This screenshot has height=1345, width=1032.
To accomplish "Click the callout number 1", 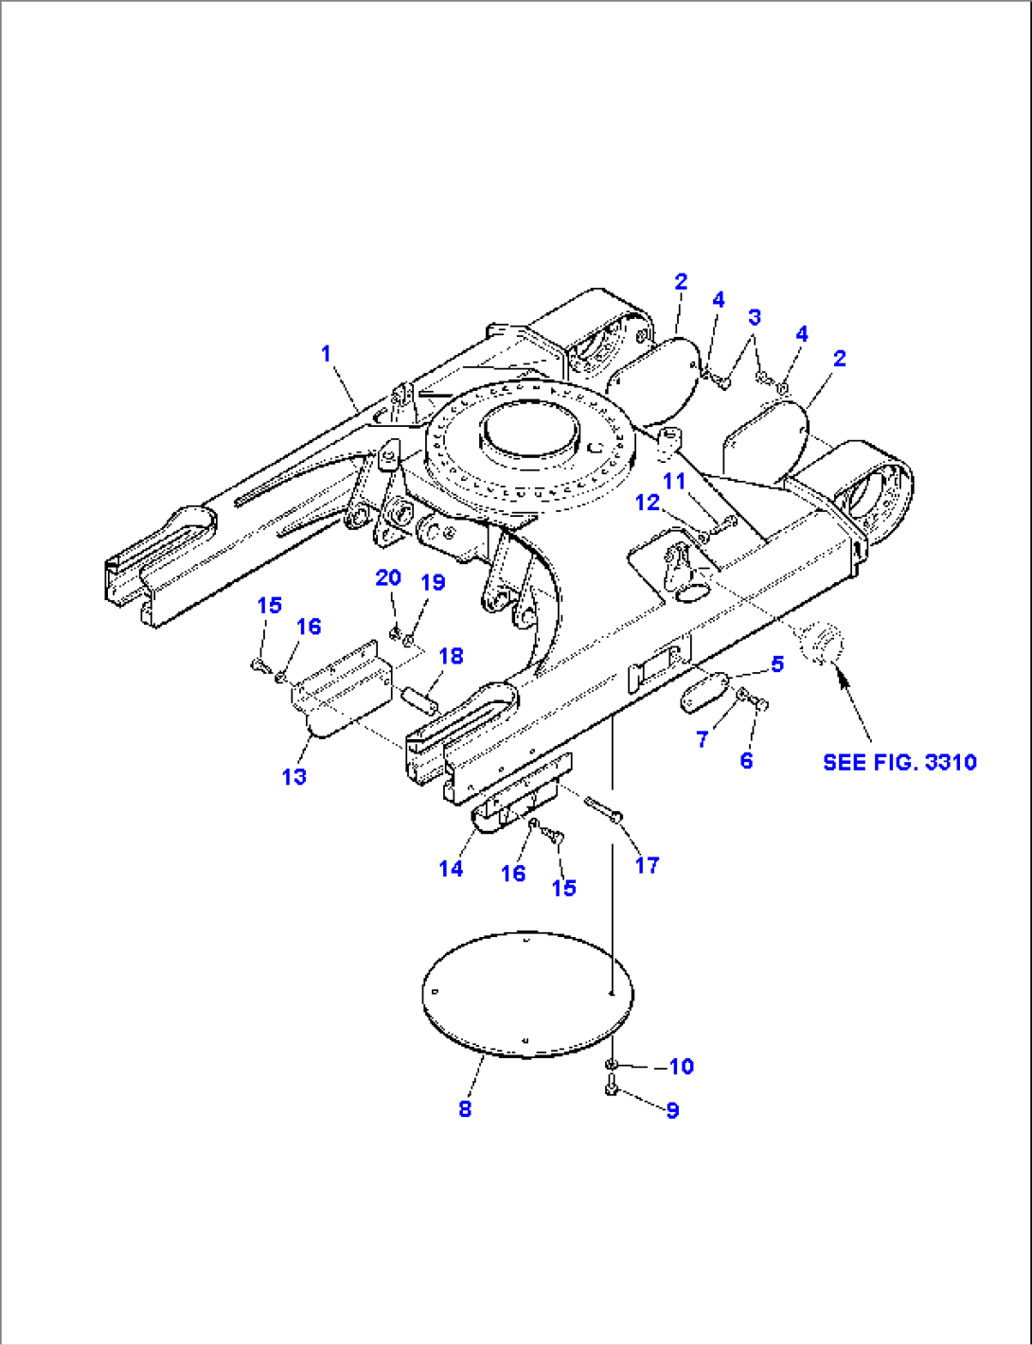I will coord(327,354).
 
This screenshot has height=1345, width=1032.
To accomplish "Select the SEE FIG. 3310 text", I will coord(899,762).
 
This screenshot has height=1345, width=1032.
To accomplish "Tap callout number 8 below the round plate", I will coord(465,1108).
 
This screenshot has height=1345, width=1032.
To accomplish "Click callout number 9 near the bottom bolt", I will coord(672,1109).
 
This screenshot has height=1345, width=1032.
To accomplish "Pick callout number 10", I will coord(681,1067).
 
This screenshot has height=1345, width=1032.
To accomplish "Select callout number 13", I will coord(294,776).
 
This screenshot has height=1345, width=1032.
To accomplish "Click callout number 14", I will coord(452,868).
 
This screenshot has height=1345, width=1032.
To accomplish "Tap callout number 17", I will coord(647,864).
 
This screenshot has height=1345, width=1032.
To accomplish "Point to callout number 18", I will coord(451,656).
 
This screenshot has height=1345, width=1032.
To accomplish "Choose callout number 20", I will coord(388,577).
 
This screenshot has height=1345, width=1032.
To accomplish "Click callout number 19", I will coord(433,582).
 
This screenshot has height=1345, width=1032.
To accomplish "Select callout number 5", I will coord(777,664).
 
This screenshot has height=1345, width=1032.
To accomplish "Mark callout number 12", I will coord(647,503).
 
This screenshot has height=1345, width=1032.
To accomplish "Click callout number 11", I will coord(673,482).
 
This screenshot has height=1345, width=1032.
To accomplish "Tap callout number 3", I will coord(755,317).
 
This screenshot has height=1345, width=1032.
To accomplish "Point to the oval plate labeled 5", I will coord(703,692).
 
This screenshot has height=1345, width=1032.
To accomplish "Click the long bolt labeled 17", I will coord(602,807).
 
